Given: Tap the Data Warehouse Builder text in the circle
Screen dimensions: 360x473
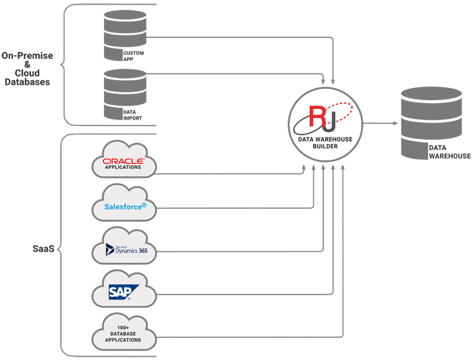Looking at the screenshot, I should pyautogui.click(x=325, y=143).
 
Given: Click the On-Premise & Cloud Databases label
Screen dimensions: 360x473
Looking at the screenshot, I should pyautogui.click(x=27, y=69).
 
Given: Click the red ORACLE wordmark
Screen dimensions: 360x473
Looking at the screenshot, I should pyautogui.click(x=123, y=161).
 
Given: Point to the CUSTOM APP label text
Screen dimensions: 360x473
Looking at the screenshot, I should pyautogui.click(x=134, y=56).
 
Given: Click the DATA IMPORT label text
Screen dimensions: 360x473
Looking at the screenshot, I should pyautogui.click(x=133, y=115).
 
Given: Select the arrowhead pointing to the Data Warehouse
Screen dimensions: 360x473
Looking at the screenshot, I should pyautogui.click(x=395, y=124).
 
